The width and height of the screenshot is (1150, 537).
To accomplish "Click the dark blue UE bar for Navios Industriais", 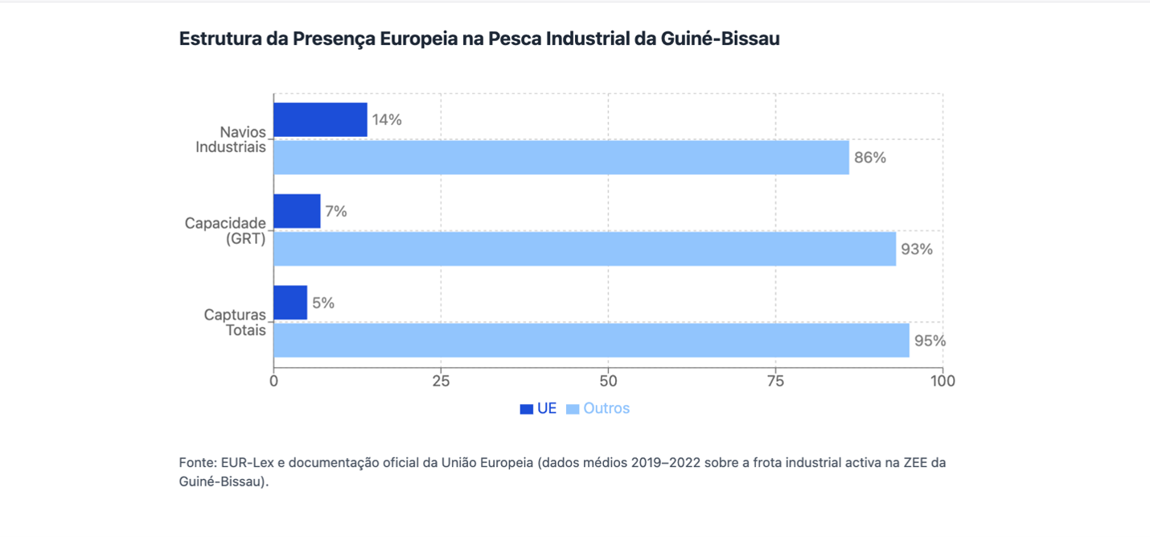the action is pyautogui.click(x=320, y=120).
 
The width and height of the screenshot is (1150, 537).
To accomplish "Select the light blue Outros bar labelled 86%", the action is pyautogui.click(x=561, y=158).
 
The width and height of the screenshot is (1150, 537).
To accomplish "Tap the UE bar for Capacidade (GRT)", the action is pyautogui.click(x=297, y=211).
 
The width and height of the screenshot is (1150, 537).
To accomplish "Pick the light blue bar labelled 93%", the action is pyautogui.click(x=585, y=250).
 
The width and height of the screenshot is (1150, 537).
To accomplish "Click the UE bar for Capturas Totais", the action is pyautogui.click(x=290, y=303).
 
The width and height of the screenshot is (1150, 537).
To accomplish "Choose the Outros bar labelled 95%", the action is pyautogui.click(x=591, y=341).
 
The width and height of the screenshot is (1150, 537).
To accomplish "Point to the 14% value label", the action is pyautogui.click(x=387, y=120).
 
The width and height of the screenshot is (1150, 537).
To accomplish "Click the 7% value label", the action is pyautogui.click(x=336, y=211).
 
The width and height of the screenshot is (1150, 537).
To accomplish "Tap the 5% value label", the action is pyautogui.click(x=323, y=303).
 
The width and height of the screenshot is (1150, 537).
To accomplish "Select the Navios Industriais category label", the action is pyautogui.click(x=231, y=139).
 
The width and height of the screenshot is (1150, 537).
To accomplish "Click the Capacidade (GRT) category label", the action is pyautogui.click(x=225, y=231).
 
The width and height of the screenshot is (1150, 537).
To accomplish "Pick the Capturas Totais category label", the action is pyautogui.click(x=235, y=322).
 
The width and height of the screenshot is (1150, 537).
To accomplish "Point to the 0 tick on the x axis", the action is pyautogui.click(x=273, y=381).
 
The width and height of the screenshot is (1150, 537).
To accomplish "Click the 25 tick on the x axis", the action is pyautogui.click(x=441, y=381).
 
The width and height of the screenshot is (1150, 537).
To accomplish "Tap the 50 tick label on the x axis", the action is pyautogui.click(x=608, y=381).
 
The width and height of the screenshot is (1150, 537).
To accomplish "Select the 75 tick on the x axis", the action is pyautogui.click(x=776, y=381).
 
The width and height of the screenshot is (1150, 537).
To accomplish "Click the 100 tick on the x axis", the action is pyautogui.click(x=943, y=381).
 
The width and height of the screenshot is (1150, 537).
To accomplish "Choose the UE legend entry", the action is pyautogui.click(x=538, y=408).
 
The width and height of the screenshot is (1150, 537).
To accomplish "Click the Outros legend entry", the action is pyautogui.click(x=598, y=408).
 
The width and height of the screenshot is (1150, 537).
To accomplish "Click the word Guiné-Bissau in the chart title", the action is pyautogui.click(x=720, y=39).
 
